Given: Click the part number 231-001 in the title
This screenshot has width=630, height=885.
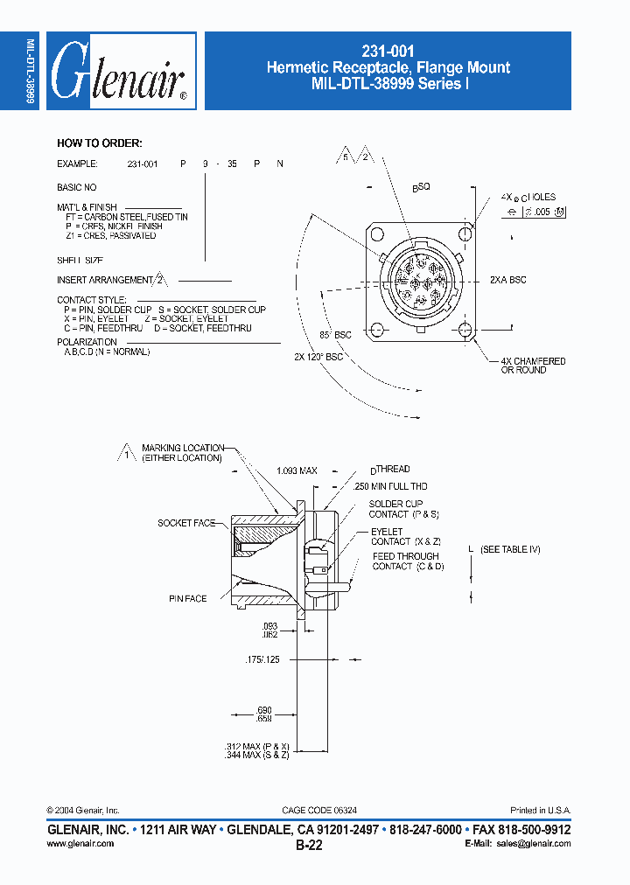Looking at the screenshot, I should [x=388, y=52].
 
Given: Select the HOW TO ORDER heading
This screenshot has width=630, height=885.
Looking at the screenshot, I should [x=99, y=143].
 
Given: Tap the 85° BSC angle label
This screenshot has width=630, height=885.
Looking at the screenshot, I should [x=335, y=335].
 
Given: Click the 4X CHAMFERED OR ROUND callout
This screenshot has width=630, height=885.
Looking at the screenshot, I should [x=532, y=366].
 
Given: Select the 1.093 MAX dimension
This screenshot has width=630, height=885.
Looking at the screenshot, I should [x=296, y=470].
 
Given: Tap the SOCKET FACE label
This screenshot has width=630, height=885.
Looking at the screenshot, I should [x=186, y=523].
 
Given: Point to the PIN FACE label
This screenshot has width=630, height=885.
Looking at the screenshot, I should [x=188, y=599].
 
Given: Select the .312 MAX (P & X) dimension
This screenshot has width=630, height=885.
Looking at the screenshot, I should [x=257, y=746].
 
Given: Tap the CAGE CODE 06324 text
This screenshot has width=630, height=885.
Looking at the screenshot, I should [x=319, y=811].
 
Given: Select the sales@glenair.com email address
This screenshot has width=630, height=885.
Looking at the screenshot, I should [x=534, y=844].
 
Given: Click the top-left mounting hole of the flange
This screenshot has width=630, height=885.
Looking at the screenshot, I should [x=377, y=235].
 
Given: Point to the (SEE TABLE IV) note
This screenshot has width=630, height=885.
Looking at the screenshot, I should [x=516, y=548].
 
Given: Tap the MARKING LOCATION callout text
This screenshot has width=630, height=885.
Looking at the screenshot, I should [x=182, y=453].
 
